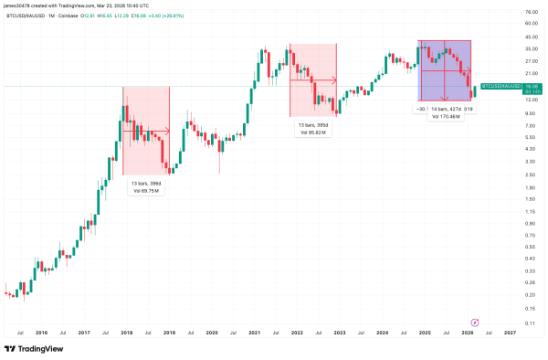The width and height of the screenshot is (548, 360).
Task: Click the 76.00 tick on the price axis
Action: pos(529,11)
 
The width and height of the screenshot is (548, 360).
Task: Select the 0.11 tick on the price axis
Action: pos(528,323)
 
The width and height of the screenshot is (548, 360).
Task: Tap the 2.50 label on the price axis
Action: pos(528,174)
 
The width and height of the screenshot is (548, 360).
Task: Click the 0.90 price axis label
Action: pos(528,222)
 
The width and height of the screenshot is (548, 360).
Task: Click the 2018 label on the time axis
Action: pos(127,334)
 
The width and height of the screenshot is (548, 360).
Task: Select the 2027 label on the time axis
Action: pos(510,334)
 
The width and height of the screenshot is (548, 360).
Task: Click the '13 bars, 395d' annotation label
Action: pos(314,124)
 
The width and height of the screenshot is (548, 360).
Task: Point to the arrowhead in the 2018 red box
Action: pos(168,130)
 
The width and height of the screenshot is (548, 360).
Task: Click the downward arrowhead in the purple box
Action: pos(445,99)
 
